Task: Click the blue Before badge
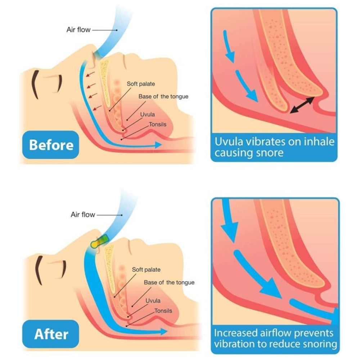coord(51,145)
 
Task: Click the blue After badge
coord(51,334)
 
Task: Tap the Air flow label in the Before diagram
coord(78,30)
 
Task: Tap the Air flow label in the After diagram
coord(83,215)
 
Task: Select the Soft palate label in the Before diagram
coord(141,84)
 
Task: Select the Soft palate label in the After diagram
coord(146,269)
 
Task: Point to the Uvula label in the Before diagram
coord(148,114)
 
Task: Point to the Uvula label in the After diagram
coord(153,300)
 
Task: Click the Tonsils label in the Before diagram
coord(158,125)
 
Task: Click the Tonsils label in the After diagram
coord(163,310)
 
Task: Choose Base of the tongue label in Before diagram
coord(163,96)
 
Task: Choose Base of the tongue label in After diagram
coord(169,283)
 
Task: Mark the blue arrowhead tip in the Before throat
coord(161,145)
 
